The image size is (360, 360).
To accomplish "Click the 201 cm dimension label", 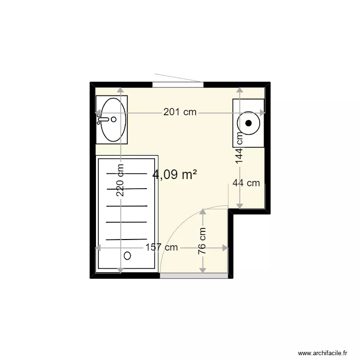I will point(180,112).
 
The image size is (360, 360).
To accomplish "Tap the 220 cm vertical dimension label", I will point(120,181).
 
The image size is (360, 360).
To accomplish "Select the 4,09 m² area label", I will point(174,175).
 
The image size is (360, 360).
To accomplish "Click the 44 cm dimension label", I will point(246,183).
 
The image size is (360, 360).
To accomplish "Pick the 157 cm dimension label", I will point(161,248).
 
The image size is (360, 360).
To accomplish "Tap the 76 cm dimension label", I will point(203,241).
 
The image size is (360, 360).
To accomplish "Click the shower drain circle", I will point(127,256).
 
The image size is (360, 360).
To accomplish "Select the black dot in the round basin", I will point(249,123).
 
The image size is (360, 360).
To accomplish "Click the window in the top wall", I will point(178,84).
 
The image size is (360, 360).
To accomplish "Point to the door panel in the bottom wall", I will point(194,276).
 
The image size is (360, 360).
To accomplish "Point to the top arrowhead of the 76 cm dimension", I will point(203,212).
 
